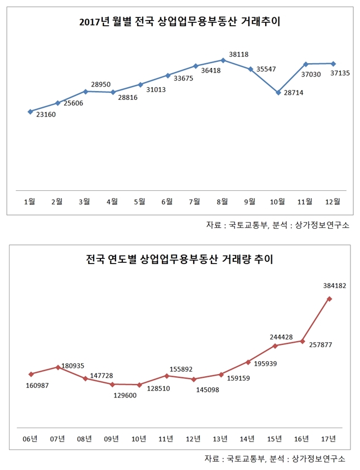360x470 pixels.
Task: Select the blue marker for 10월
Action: pyautogui.click(x=278, y=93)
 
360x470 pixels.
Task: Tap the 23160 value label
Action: pyautogui.click(x=47, y=115)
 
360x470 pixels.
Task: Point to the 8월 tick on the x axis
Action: pyautogui.click(x=222, y=201)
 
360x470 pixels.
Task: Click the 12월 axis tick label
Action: pyautogui.click(x=333, y=201)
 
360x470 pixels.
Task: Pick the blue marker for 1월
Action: pyautogui.click(x=30, y=112)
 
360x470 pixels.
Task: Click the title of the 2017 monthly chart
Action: pyautogui.click(x=180, y=22)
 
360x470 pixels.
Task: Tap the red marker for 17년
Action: pyautogui.click(x=330, y=299)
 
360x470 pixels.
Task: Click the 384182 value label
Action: pyautogui.click(x=335, y=285)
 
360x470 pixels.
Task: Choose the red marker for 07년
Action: pyautogui.click(x=58, y=367)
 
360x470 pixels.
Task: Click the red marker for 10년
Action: pyautogui.click(x=140, y=385)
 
